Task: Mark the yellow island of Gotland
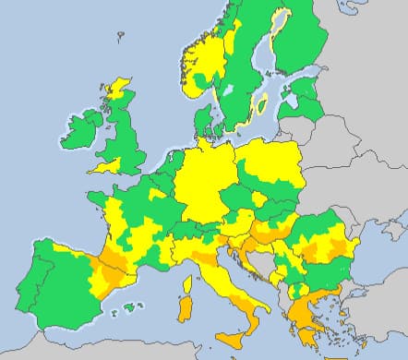point(262,102)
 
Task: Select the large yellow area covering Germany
point(208,180)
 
